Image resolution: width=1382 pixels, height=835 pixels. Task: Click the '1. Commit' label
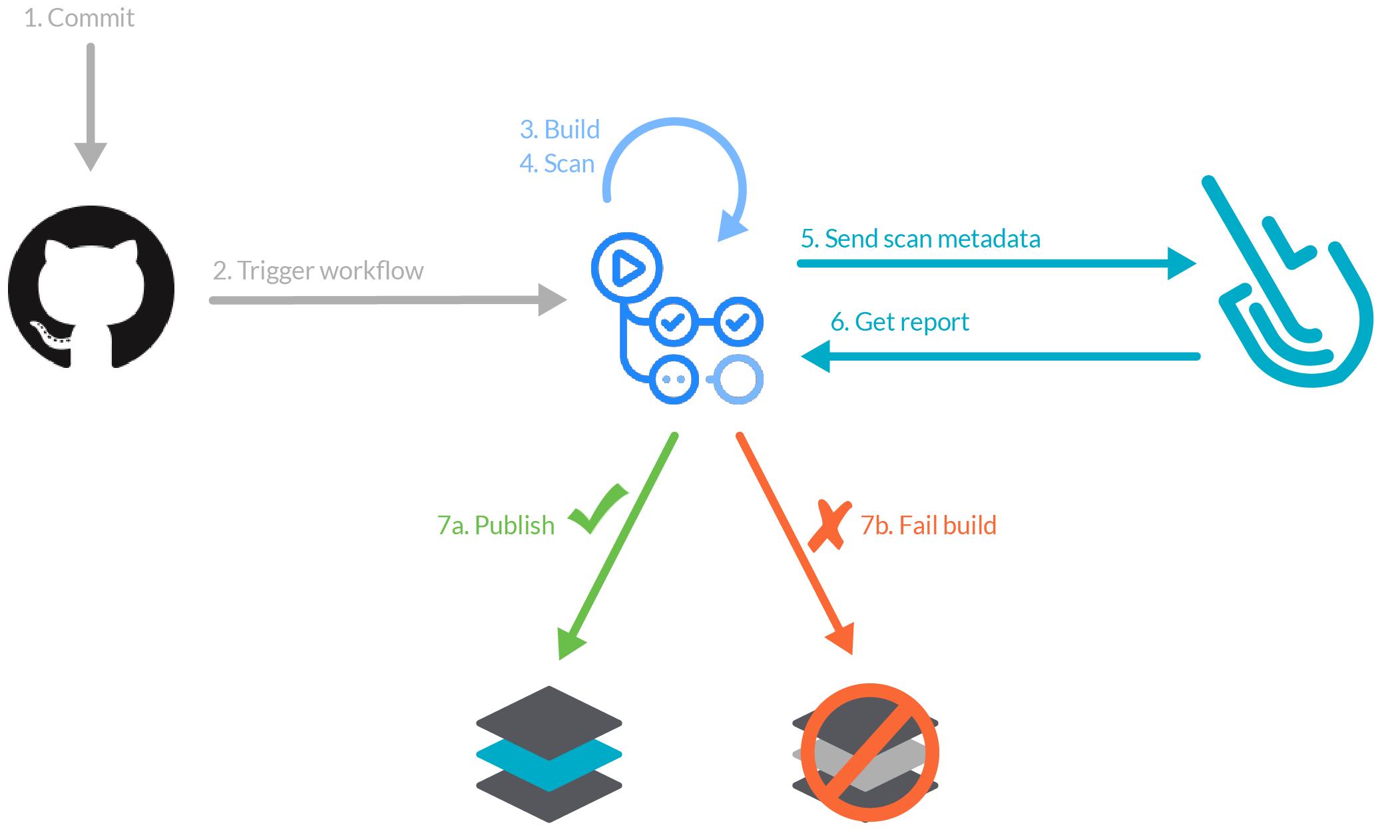(x=79, y=18)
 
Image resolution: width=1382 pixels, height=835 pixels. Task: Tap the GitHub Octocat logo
(x=91, y=287)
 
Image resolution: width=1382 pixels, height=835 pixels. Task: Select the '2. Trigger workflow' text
(x=318, y=271)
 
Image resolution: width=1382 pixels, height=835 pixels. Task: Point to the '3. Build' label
(x=559, y=130)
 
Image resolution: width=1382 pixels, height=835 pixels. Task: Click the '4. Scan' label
(x=557, y=164)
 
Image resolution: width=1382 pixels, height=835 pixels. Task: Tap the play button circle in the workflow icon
(x=626, y=267)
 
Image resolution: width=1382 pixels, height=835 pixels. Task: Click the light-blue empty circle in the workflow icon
(x=738, y=379)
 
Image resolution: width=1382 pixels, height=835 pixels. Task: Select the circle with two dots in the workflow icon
(x=674, y=379)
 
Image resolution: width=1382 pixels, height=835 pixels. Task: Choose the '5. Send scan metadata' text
(x=920, y=239)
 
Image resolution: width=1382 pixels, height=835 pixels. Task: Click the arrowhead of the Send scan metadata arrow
(x=1181, y=263)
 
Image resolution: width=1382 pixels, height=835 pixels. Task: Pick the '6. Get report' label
(x=899, y=322)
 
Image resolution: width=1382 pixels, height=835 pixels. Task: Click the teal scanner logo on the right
(x=1291, y=293)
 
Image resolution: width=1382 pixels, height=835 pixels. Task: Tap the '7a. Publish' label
(x=495, y=526)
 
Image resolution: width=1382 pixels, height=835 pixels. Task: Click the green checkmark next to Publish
(x=597, y=509)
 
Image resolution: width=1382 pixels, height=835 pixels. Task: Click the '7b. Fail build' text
(x=928, y=526)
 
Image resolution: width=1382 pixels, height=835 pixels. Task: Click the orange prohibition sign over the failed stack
(x=869, y=752)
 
